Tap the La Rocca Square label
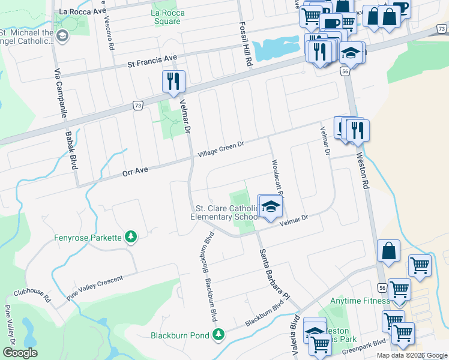click(x=166, y=17)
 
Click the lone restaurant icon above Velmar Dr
click(x=174, y=81)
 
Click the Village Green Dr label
click(x=220, y=150)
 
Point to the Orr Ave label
click(x=135, y=172)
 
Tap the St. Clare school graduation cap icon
click(x=270, y=206)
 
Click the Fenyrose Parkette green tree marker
click(x=130, y=238)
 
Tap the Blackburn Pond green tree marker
click(x=220, y=334)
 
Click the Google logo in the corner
click(x=20, y=352)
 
